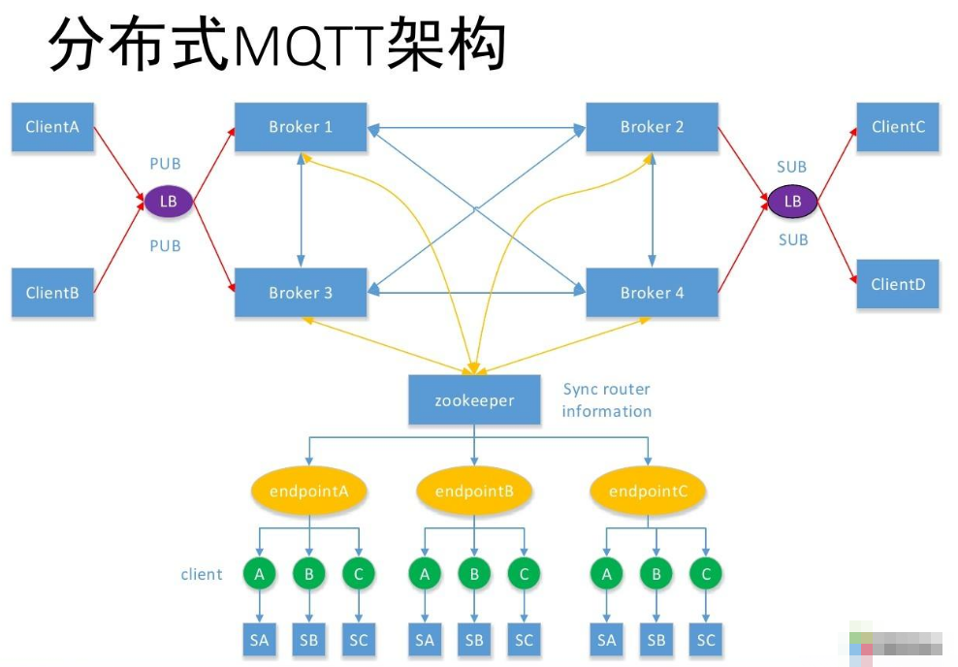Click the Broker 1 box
pos(301,127)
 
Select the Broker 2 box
pos(652,127)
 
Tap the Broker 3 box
pos(301,293)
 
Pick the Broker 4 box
pos(652,293)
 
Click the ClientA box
pos(52,127)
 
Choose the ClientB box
pos(52,293)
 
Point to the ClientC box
pos(898,127)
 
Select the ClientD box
pos(898,284)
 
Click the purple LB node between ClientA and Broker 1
pos(169,202)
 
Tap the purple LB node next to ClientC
pos(792,202)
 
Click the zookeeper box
pos(474,400)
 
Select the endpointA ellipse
pos(308,492)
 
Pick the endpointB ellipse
pos(474,492)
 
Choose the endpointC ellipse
pos(648,492)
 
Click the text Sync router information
pos(607,400)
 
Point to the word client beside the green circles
pos(202,574)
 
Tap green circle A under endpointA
pos(259,574)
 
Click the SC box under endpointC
pos(706,640)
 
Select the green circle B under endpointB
pos(474,574)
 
